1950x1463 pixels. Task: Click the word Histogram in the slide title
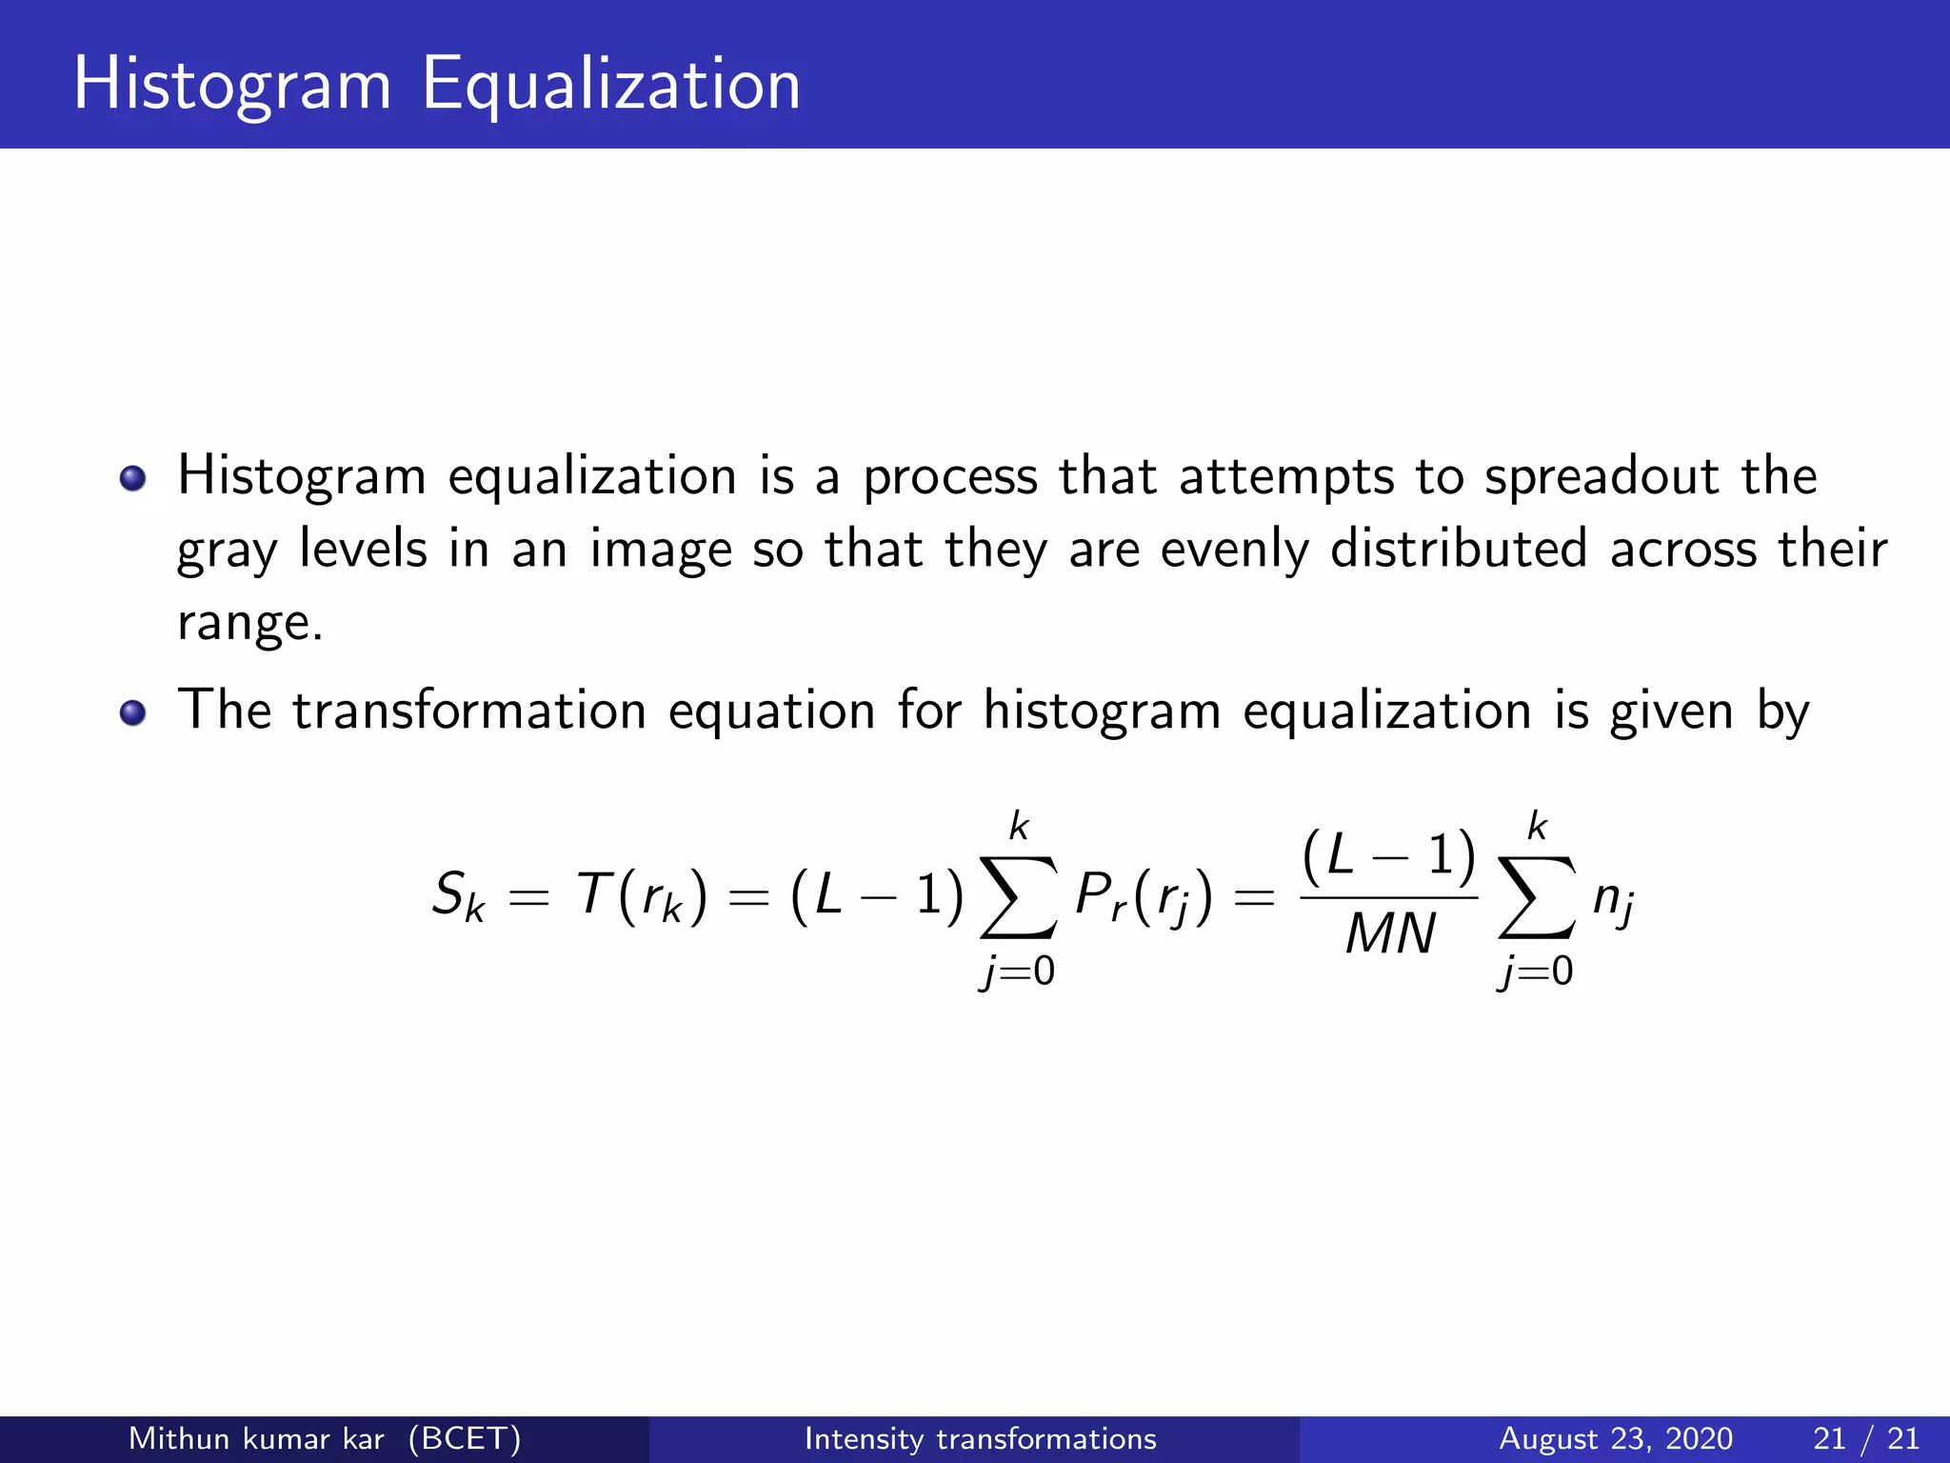click(x=232, y=86)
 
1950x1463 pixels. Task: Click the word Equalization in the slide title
click(x=611, y=86)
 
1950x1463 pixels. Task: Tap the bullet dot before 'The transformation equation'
click(x=133, y=712)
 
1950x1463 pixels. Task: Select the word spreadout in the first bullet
click(x=1602, y=476)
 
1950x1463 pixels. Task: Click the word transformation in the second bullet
click(x=469, y=711)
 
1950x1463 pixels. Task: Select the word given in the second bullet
click(x=1671, y=712)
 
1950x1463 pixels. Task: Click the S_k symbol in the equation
click(x=458, y=896)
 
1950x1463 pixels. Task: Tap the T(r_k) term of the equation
click(x=643, y=896)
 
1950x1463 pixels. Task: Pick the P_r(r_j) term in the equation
click(x=1144, y=896)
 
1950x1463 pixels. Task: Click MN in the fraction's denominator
click(x=1389, y=933)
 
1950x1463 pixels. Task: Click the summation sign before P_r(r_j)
click(x=1018, y=896)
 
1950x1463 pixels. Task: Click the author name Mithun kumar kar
click(x=256, y=1438)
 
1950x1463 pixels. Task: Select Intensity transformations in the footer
click(x=980, y=1438)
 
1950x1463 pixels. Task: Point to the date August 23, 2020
click(x=1616, y=1438)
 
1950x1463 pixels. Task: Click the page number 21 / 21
click(x=1866, y=1438)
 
